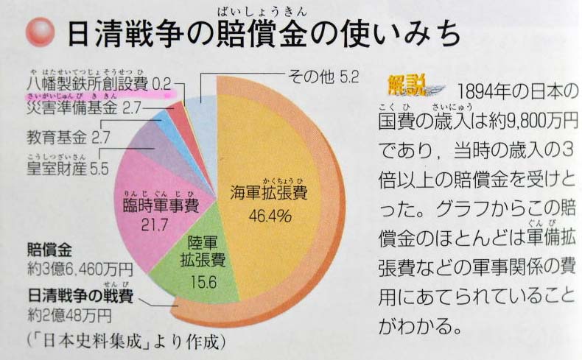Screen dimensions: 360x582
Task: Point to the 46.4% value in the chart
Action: (271, 216)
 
